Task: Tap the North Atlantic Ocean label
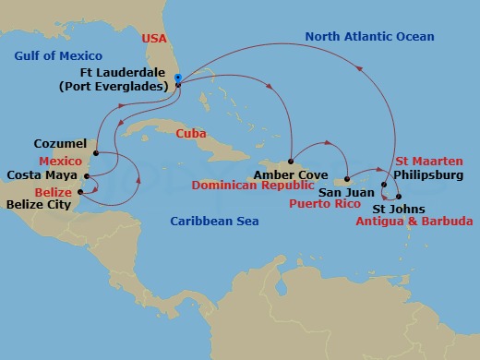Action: pyautogui.click(x=355, y=37)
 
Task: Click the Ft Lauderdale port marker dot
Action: pyautogui.click(x=177, y=85)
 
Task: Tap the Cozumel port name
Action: pyautogui.click(x=60, y=144)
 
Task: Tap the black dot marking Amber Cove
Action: pyautogui.click(x=291, y=162)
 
